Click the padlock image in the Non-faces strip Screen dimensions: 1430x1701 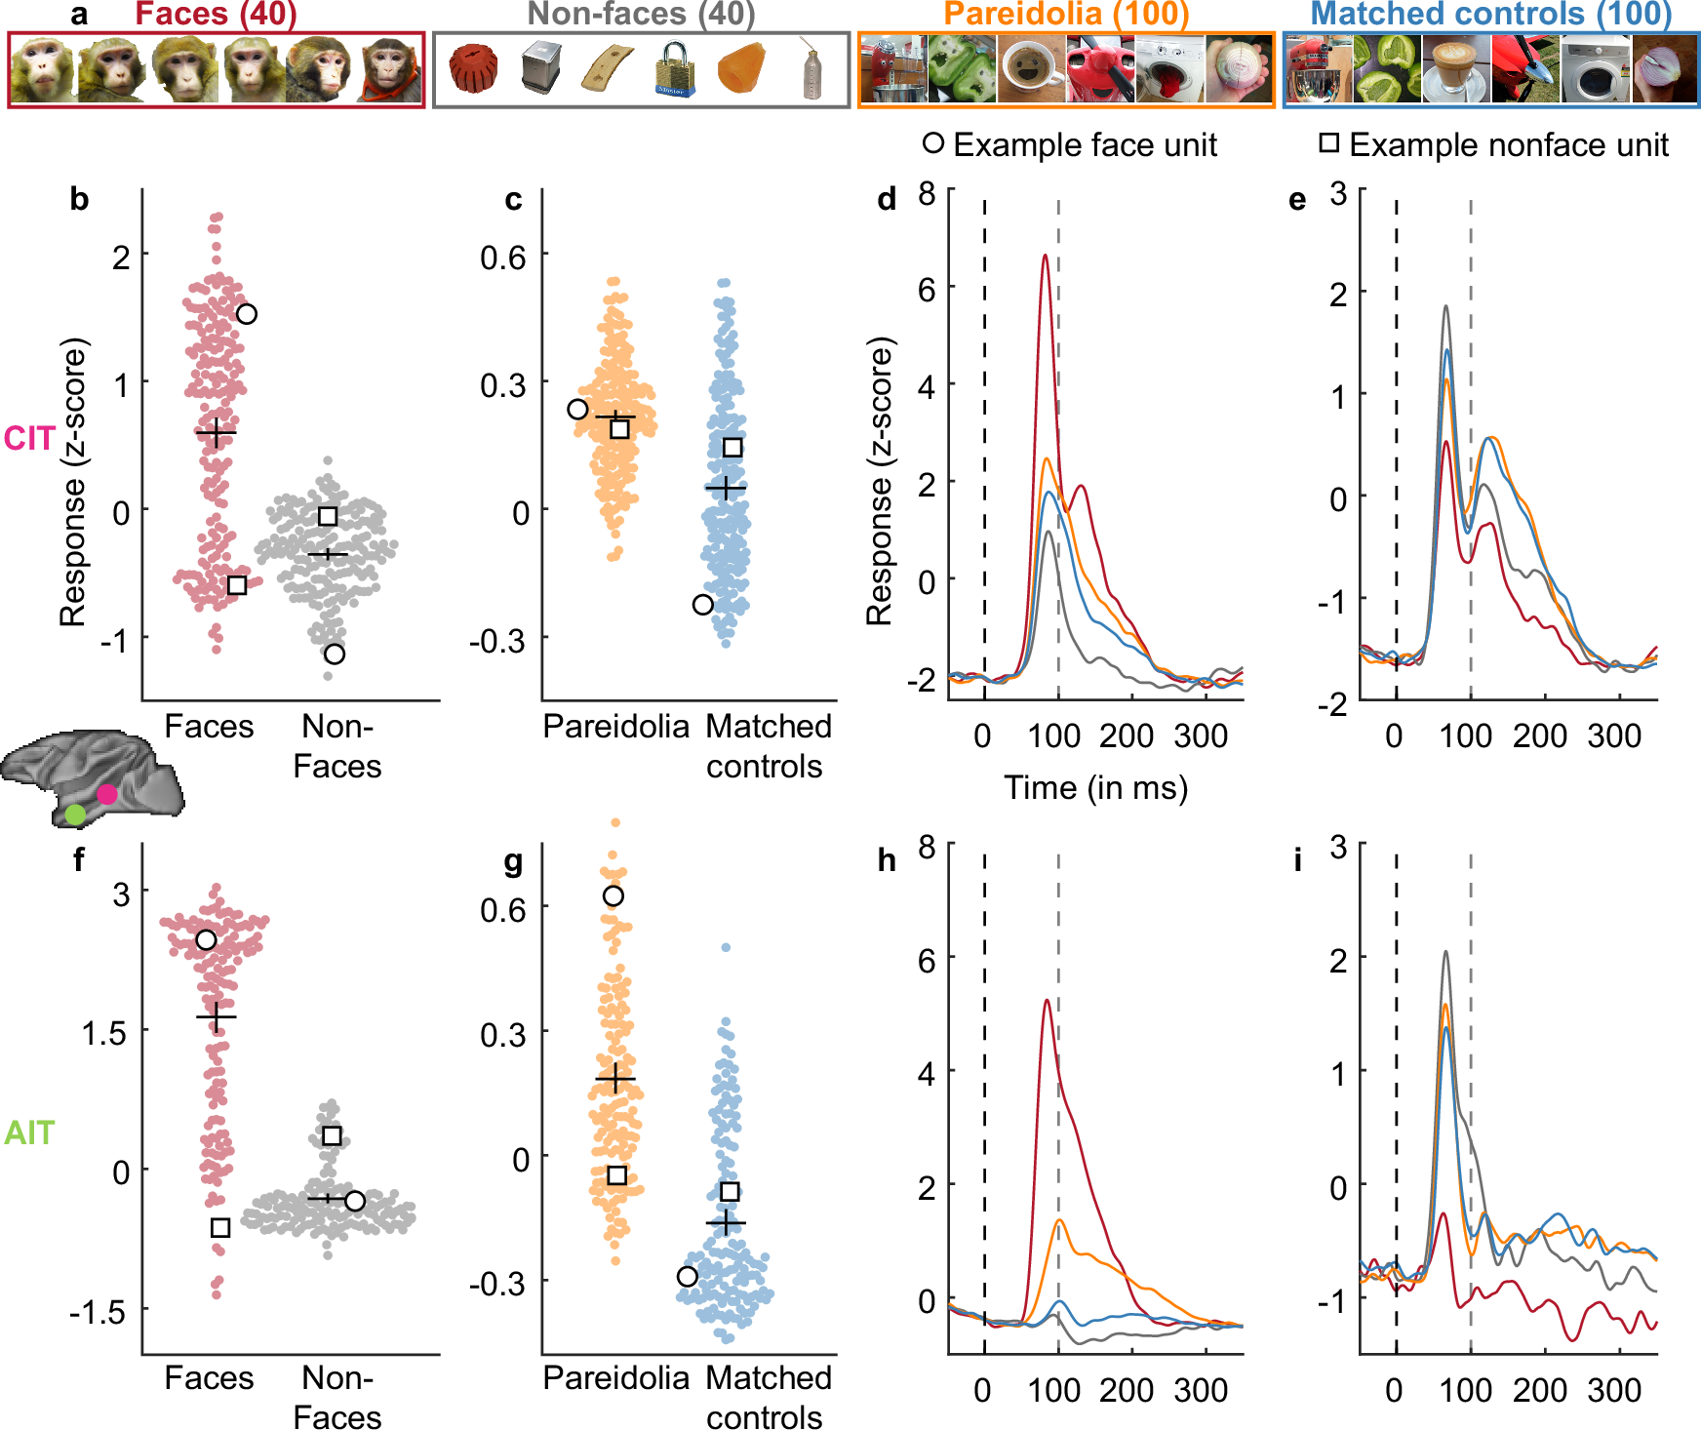(674, 69)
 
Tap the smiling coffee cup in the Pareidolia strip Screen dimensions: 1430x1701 (1031, 69)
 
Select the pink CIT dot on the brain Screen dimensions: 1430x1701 (106, 794)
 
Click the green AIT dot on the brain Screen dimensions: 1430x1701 (75, 814)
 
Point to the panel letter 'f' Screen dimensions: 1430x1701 (79, 860)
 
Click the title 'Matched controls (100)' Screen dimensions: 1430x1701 (1490, 14)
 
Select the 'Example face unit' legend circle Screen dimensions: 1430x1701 (933, 143)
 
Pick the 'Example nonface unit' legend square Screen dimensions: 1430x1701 (1328, 143)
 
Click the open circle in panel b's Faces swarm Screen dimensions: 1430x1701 (247, 314)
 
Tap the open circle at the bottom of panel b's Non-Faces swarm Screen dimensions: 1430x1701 (335, 654)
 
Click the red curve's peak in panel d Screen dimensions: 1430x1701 (1045, 257)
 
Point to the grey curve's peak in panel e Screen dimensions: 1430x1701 (1445, 307)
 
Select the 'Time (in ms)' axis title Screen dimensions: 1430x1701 (1095, 787)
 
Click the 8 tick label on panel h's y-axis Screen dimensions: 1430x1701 (926, 847)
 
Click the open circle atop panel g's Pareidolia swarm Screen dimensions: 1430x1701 (613, 895)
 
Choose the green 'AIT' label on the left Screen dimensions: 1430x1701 (29, 1132)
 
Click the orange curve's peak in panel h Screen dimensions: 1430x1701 (1058, 1220)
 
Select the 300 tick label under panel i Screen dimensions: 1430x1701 (1614, 1390)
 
